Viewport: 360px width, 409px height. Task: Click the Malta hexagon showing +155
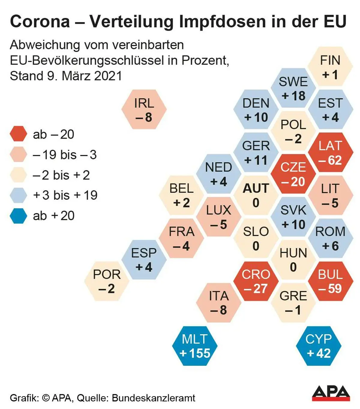coord(195,346)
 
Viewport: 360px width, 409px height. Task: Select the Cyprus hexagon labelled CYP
coord(319,346)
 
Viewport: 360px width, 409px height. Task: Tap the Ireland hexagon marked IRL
coord(144,110)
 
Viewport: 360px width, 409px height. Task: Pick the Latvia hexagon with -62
coord(330,152)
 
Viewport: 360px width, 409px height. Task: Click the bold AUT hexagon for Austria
coord(256,195)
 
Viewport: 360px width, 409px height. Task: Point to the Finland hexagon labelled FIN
coord(330,67)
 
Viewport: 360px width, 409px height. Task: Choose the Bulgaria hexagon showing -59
coord(330,281)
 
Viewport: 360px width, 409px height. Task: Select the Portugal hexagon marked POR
coord(107,281)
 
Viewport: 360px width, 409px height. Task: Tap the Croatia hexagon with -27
coord(256,281)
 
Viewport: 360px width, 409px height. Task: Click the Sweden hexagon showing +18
coord(293,88)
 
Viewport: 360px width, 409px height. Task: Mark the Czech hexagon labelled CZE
coord(293,174)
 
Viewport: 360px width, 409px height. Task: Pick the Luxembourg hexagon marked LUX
coord(219,217)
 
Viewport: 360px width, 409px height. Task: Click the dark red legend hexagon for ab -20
coord(19,134)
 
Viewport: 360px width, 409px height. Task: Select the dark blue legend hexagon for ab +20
coord(19,215)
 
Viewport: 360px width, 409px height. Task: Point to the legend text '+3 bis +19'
coord(65,195)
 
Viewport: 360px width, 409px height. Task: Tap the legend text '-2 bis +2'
coord(61,175)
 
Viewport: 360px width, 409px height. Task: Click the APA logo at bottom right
coord(331,393)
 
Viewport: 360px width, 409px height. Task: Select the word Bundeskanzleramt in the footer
coord(153,398)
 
